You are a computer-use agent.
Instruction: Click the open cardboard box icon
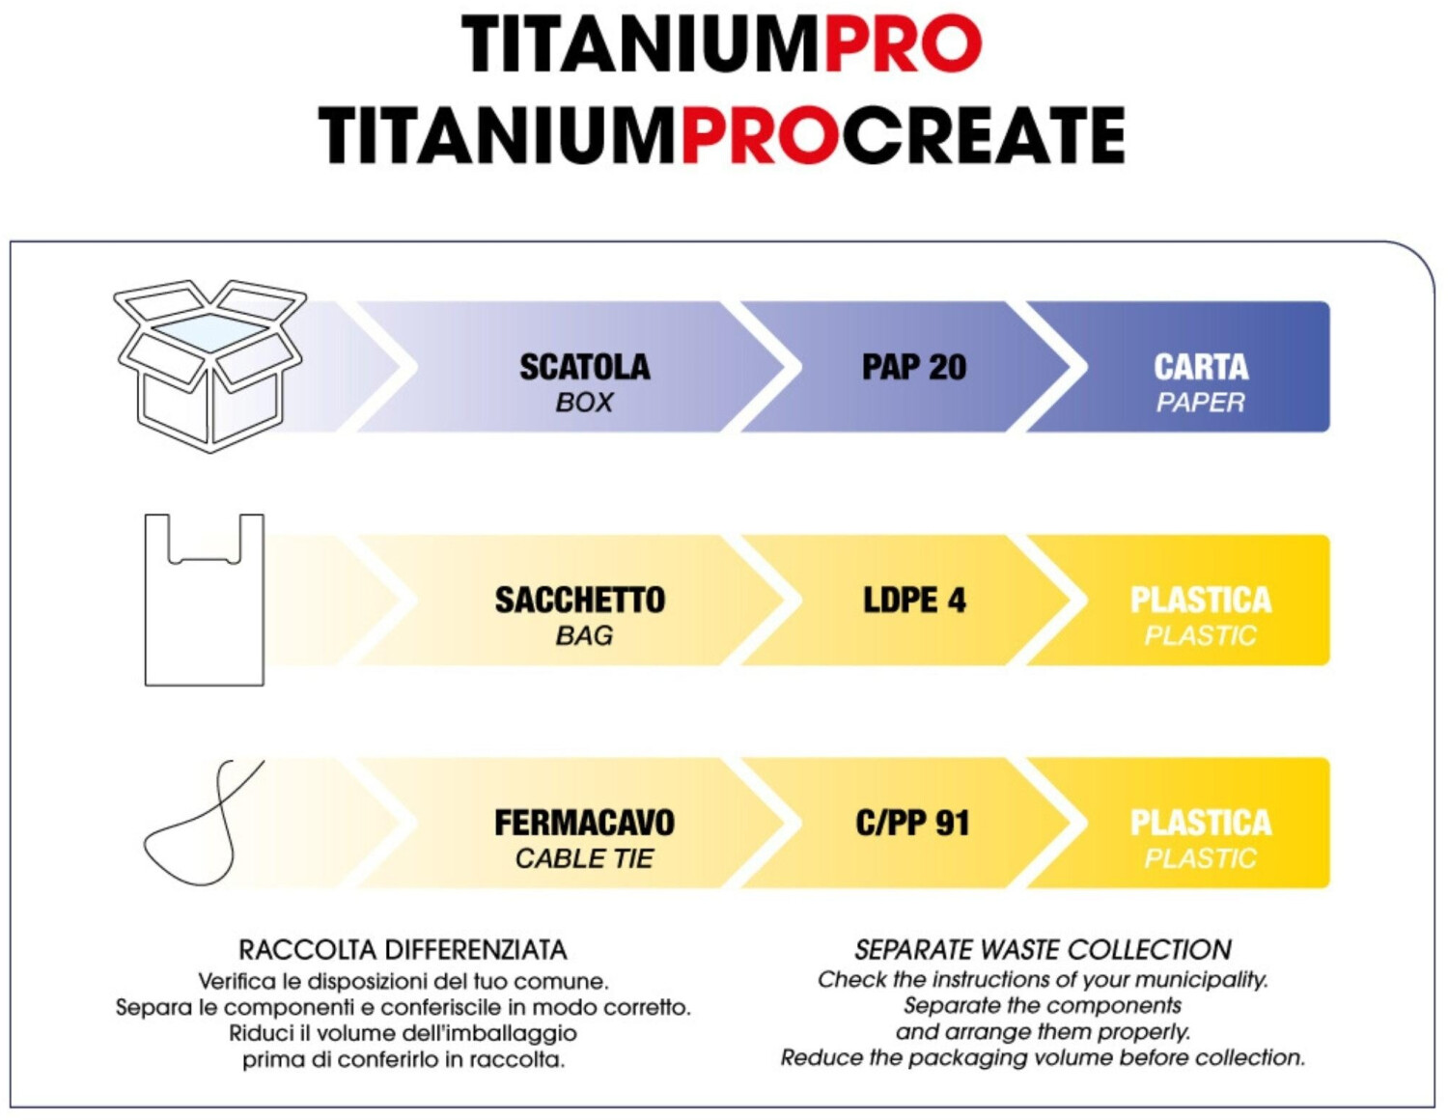(209, 366)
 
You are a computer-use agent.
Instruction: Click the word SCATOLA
(584, 367)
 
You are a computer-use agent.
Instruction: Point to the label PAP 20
(913, 367)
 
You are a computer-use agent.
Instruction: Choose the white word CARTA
(1201, 367)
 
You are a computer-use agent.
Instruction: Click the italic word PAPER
(1200, 403)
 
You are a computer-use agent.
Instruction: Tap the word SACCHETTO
(580, 601)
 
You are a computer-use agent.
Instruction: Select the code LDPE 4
(914, 601)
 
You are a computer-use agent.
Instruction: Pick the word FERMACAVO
(584, 823)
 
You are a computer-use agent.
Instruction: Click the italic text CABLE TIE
(584, 858)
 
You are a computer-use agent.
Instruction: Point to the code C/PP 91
(912, 823)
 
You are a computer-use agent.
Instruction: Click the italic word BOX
(584, 403)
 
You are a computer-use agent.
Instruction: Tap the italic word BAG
(584, 635)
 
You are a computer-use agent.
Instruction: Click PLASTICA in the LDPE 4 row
(1201, 601)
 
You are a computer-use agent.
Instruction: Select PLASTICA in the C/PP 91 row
(1201, 823)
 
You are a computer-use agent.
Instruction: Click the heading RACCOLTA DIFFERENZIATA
(404, 950)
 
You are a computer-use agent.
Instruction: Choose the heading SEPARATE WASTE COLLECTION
(1044, 950)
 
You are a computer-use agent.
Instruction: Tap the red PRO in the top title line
(903, 44)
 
